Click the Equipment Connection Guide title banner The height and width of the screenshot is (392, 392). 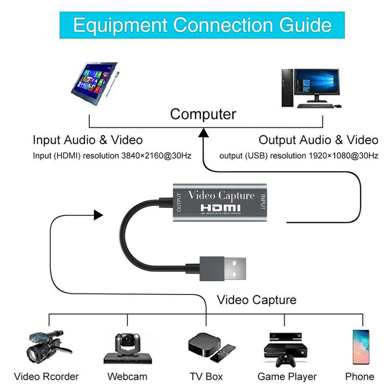pyautogui.click(x=196, y=24)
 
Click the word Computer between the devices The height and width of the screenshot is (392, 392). pyautogui.click(x=203, y=114)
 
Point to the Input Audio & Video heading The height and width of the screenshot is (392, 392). pyautogui.click(x=88, y=140)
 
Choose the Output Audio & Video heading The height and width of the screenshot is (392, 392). pyautogui.click(x=318, y=140)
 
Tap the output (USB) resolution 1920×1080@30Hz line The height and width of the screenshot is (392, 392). pyautogui.click(x=299, y=155)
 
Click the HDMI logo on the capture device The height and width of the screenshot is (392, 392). pyautogui.click(x=221, y=208)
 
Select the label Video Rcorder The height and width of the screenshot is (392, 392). pyautogui.click(x=47, y=377)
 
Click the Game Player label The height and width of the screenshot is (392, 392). pyautogui.click(x=287, y=377)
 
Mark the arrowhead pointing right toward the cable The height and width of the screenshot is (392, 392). pyautogui.click(x=98, y=215)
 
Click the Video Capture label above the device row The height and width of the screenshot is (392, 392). pyautogui.click(x=257, y=299)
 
